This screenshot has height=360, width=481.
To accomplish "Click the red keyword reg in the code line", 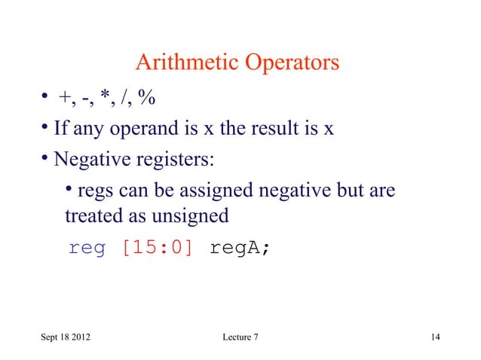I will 87,248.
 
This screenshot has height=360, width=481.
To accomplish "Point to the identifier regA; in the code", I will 238,248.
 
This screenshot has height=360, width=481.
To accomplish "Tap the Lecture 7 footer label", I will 236,335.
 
